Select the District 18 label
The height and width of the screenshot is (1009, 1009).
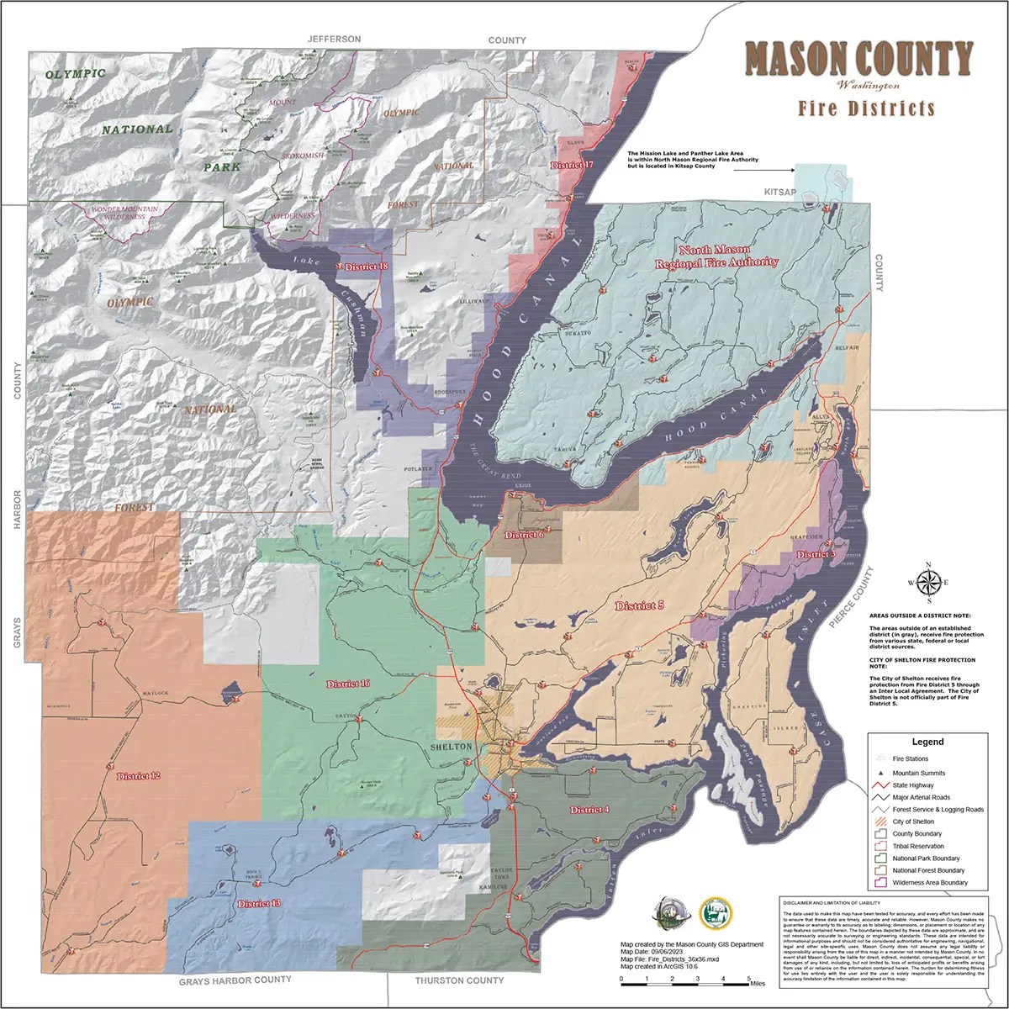coord(367,267)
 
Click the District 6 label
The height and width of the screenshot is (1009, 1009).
coord(524,535)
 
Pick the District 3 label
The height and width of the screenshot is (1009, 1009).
coord(816,554)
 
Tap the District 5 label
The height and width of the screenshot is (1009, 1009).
coord(640,605)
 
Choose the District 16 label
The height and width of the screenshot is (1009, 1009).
coord(348,684)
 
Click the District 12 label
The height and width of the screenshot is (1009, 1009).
coord(139,774)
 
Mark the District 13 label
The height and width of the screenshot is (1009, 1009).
coord(258,904)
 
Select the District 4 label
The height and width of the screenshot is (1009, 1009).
coord(589,810)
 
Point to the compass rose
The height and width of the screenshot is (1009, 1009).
coord(928,582)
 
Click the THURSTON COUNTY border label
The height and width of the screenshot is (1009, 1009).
coord(460,980)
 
